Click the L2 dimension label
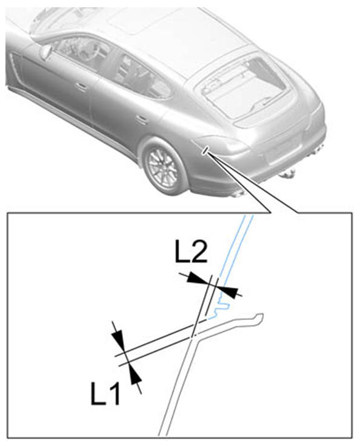pyautogui.click(x=191, y=251)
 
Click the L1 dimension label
pyautogui.click(x=105, y=394)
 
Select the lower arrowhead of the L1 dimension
pyautogui.click(x=135, y=374)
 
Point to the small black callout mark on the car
pyautogui.click(x=205, y=150)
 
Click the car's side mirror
pyautogui.click(x=45, y=53)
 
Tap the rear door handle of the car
pyautogui.click(x=142, y=119)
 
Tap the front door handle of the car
pyautogui.click(x=81, y=87)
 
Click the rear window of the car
pyautogui.click(x=246, y=87)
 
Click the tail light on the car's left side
pyautogui.click(x=222, y=144)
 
